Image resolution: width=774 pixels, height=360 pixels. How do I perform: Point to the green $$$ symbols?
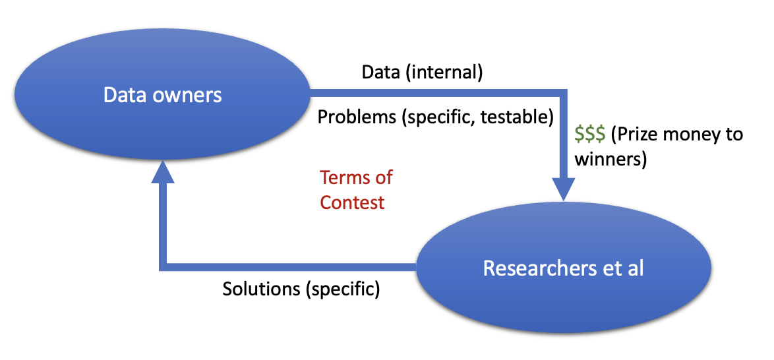click(589, 135)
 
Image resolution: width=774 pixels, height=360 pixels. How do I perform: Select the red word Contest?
click(352, 202)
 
